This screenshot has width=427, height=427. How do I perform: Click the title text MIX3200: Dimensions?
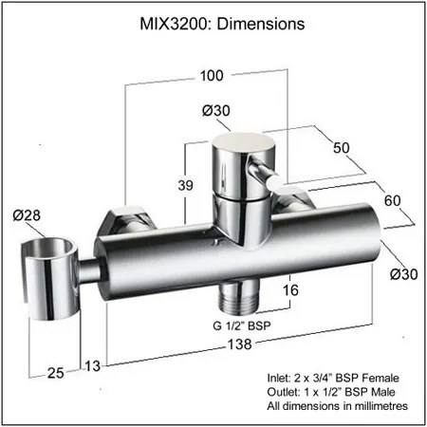coord(222,24)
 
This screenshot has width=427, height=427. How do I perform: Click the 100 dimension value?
coord(212,76)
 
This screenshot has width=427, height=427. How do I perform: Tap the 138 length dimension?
coord(240,344)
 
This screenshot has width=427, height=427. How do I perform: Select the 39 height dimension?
coord(185,185)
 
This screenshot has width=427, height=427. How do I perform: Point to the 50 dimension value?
coord(342,147)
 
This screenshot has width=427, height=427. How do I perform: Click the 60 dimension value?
coord(392,200)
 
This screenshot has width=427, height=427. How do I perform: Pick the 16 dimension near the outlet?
coord(290,289)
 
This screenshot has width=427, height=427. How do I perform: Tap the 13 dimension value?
coord(93,366)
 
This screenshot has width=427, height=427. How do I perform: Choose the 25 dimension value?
coord(56,373)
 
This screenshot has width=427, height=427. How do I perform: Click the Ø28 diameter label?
coord(27,215)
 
